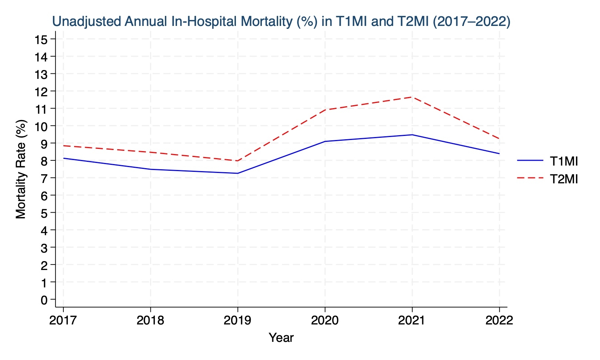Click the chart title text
click(281, 21)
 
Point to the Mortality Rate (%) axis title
click(21, 169)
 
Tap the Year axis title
click(281, 337)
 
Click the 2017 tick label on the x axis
click(63, 320)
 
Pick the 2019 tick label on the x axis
click(237, 320)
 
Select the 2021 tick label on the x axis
click(412, 320)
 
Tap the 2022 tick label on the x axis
click(499, 320)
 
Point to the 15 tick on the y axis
click(41, 39)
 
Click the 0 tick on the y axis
click(44, 300)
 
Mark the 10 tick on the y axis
click(41, 126)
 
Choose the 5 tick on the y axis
click(44, 213)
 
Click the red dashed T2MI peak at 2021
click(412, 97)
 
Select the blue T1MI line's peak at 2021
click(412, 135)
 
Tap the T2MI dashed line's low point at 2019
click(237, 161)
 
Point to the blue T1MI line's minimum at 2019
click(237, 173)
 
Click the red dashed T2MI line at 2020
click(325, 110)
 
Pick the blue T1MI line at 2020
click(325, 141)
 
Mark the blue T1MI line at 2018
click(150, 169)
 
